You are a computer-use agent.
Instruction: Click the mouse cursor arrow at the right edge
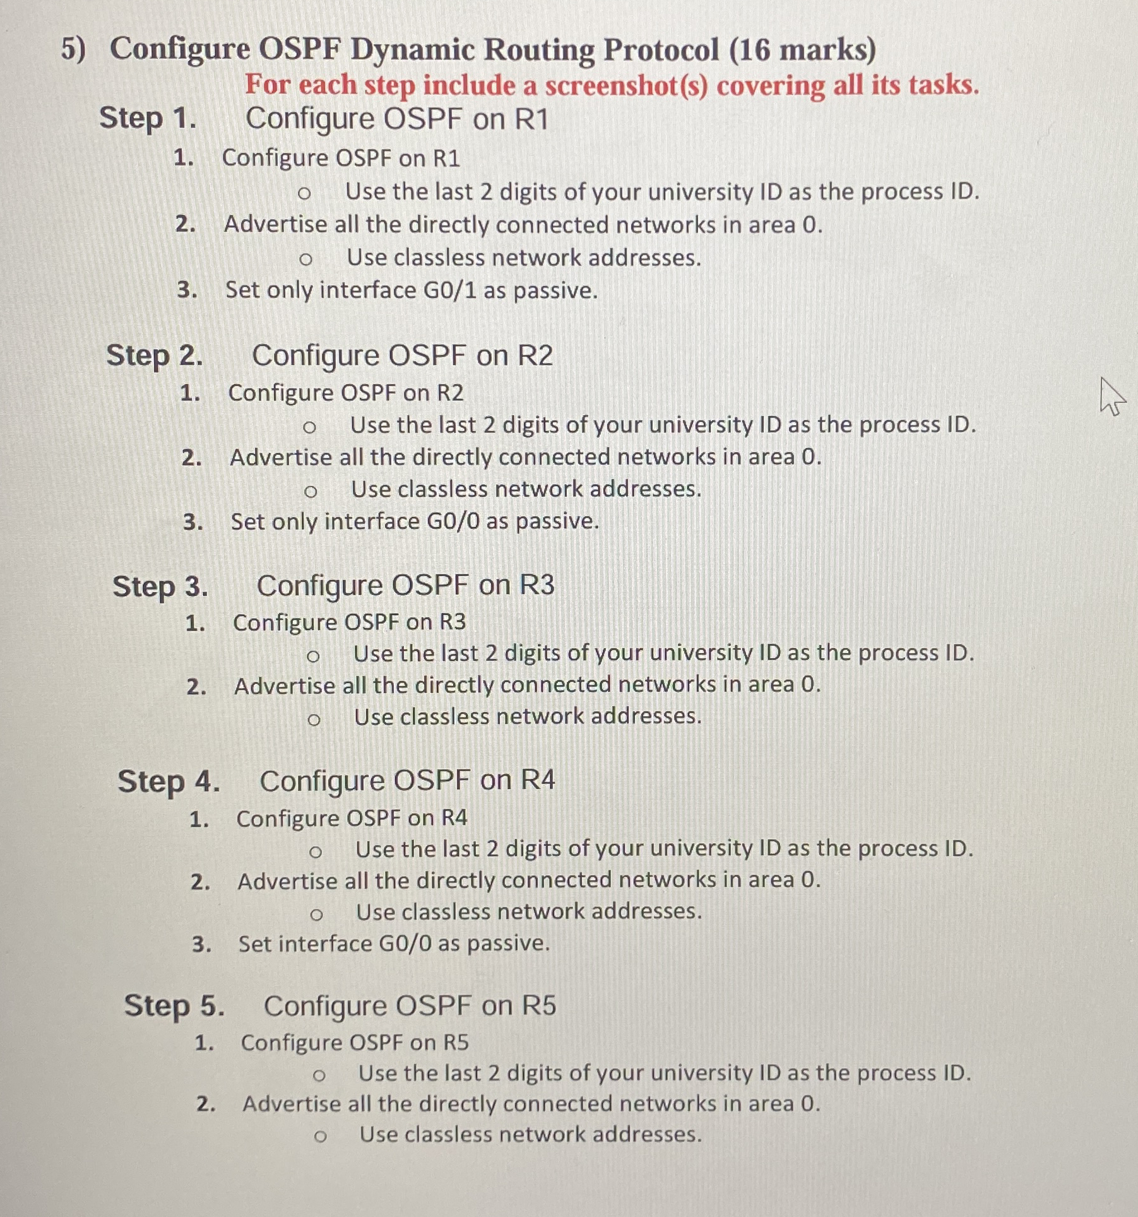(1111, 396)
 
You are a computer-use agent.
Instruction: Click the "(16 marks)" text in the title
(802, 50)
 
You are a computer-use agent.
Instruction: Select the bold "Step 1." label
(148, 119)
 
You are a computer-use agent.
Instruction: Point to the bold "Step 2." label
(155, 355)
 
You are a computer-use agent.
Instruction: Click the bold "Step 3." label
(160, 586)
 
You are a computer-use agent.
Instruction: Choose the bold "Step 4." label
(169, 781)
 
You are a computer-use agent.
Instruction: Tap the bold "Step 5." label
(174, 1005)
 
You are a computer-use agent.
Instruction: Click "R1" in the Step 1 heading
(531, 119)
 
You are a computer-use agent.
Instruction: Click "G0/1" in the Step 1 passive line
(449, 290)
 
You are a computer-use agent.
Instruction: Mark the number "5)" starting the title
(73, 49)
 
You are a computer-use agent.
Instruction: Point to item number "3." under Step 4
(201, 944)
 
